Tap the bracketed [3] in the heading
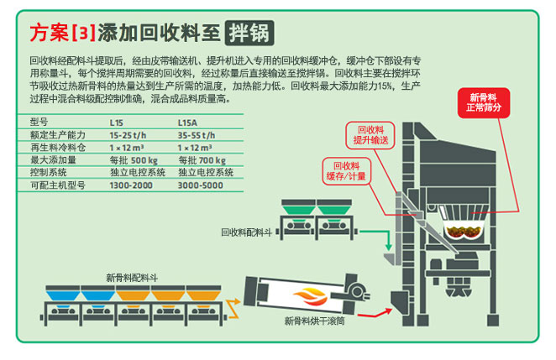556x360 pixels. [84, 34]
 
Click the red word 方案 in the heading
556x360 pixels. [50, 34]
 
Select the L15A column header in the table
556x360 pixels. [188, 122]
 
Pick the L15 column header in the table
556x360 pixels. [117, 122]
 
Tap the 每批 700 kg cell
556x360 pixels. [202, 159]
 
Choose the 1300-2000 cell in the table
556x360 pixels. [130, 184]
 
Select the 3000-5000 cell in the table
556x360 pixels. [199, 184]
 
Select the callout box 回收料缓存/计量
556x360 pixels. [346, 170]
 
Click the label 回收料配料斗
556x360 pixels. [244, 231]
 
